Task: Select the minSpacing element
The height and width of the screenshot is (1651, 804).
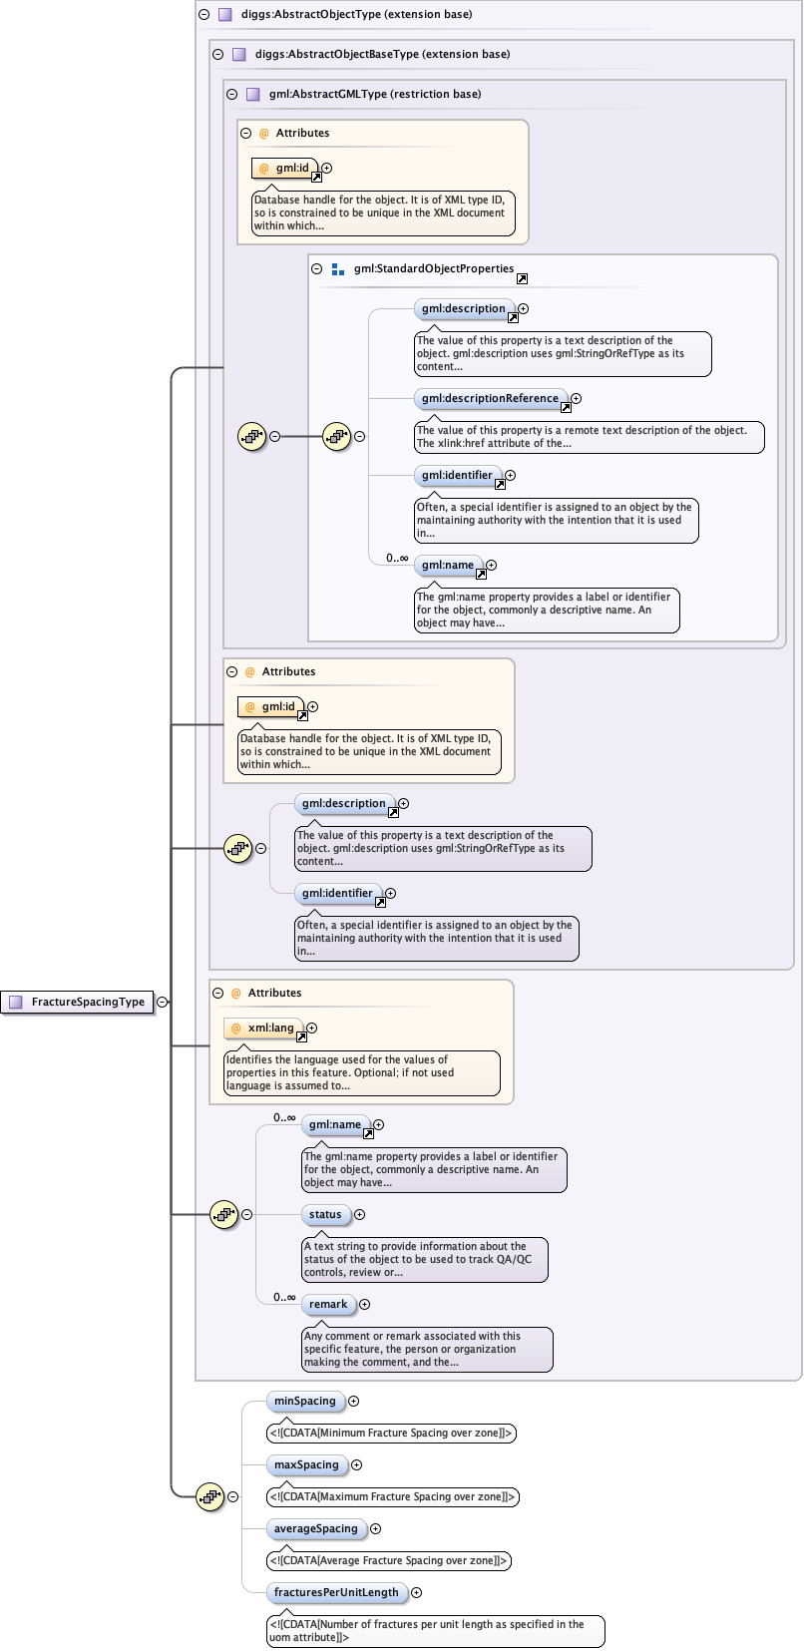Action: coord(305,1401)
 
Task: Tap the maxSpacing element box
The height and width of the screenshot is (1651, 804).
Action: coord(306,1464)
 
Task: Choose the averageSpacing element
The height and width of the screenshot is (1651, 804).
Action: coord(315,1528)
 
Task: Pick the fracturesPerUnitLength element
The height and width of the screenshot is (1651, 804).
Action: coord(336,1592)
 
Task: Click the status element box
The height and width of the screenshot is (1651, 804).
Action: coord(325,1214)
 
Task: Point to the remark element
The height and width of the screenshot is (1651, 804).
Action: coord(328,1304)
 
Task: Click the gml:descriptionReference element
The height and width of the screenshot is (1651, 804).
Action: coord(490,398)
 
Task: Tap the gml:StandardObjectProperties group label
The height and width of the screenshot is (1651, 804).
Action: coord(434,268)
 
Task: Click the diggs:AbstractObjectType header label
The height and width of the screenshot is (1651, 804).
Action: coord(356,14)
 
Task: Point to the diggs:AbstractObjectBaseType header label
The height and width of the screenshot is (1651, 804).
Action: coord(382,54)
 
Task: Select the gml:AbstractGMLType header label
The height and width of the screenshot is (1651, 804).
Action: coord(375,94)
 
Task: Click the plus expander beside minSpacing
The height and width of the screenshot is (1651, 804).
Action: coord(354,1401)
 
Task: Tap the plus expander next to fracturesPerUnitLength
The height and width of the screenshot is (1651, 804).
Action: coord(417,1592)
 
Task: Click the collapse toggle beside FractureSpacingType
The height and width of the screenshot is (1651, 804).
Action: coord(163,1002)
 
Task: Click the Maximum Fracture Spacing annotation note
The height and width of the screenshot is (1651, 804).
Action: coord(392,1496)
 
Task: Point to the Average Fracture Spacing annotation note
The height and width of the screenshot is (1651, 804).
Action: coord(389,1560)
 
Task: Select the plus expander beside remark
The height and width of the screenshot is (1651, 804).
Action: coord(365,1304)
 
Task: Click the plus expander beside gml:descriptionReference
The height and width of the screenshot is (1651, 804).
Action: coord(577,398)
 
